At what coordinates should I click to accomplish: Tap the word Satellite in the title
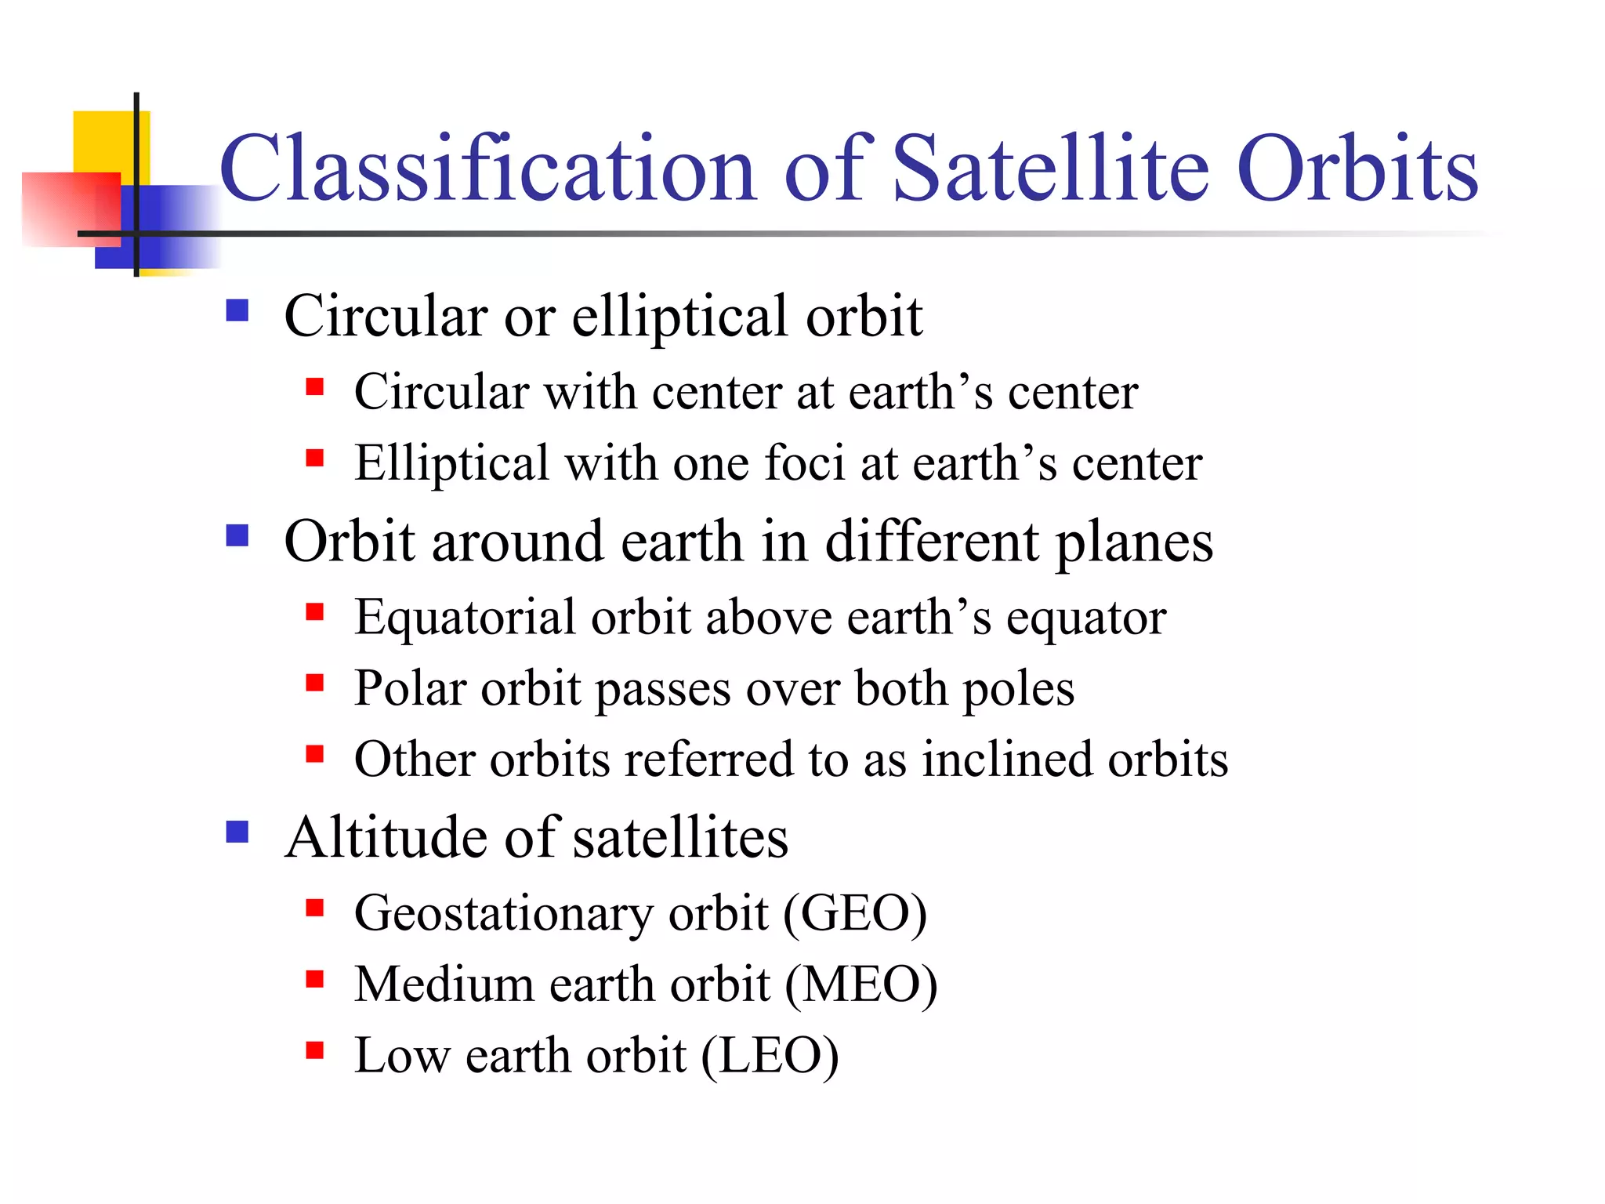tap(1051, 169)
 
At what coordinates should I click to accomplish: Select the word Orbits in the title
tap(1357, 169)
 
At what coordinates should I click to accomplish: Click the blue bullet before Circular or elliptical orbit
tap(237, 311)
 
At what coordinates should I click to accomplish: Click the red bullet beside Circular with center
tap(315, 386)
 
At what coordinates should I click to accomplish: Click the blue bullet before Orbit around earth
tap(237, 536)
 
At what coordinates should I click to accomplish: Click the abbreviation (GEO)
tap(854, 913)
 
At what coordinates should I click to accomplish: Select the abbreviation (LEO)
tap(769, 1055)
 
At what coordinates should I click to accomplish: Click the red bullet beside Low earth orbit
tap(315, 1050)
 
